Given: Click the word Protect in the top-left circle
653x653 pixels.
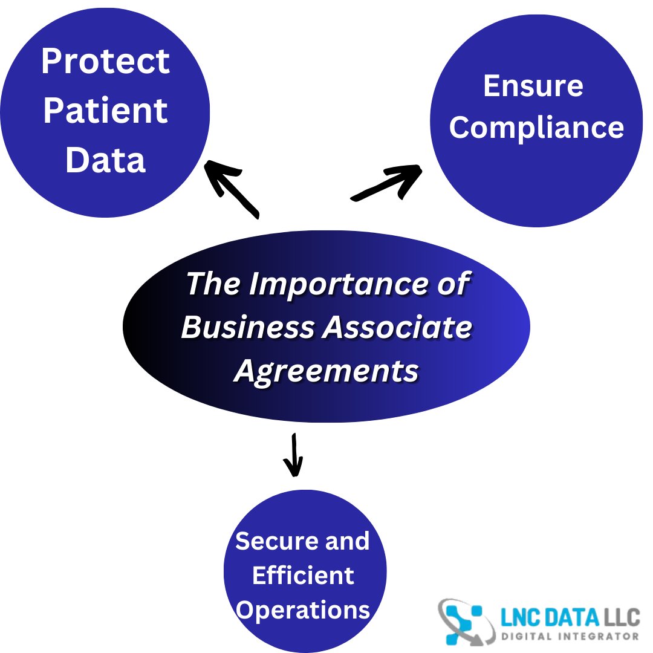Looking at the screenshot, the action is coord(106,61).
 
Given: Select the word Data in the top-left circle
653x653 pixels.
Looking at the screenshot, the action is coord(105,160).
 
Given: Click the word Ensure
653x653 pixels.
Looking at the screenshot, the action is coord(533,86).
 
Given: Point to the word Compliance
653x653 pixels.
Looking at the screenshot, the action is coord(536,128).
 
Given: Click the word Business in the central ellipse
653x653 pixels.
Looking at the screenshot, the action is coord(248,327).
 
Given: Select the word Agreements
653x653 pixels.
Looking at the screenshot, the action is coord(326,371).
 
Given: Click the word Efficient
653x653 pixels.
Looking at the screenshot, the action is coord(303,575).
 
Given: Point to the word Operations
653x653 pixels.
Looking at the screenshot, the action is coord(303,611).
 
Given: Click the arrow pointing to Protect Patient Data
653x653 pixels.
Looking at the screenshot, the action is coord(232,189).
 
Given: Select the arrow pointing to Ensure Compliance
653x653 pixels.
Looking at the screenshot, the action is coord(386,183).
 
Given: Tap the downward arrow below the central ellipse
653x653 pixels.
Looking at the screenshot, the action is coord(294,455).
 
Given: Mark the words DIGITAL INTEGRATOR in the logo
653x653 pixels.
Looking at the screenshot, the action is coord(570,636).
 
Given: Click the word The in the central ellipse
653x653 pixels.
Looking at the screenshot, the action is coord(213,284).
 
